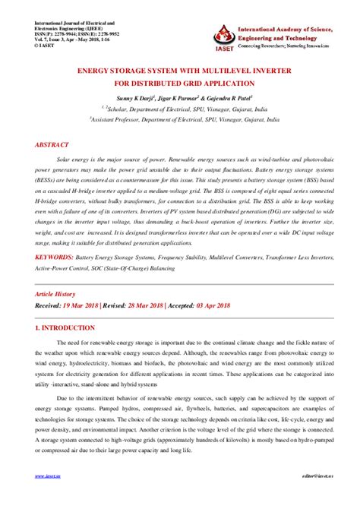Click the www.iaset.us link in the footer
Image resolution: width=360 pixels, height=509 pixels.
[x=48, y=497]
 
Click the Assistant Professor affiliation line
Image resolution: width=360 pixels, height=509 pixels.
[x=180, y=120]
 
